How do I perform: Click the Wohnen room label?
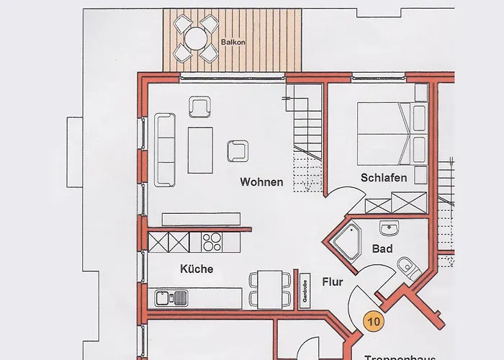pos(261,182)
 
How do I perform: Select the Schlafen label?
pos(384,178)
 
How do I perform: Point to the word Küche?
pos(197,269)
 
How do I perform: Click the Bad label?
pos(382,248)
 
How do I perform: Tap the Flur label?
pos(333,282)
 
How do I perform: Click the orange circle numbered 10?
pos(374,322)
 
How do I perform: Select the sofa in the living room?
pos(164,149)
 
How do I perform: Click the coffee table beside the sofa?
pos(201,150)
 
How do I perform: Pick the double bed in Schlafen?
pos(384,134)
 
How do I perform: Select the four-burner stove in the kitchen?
pos(212,241)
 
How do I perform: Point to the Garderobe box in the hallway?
pos(305,288)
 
